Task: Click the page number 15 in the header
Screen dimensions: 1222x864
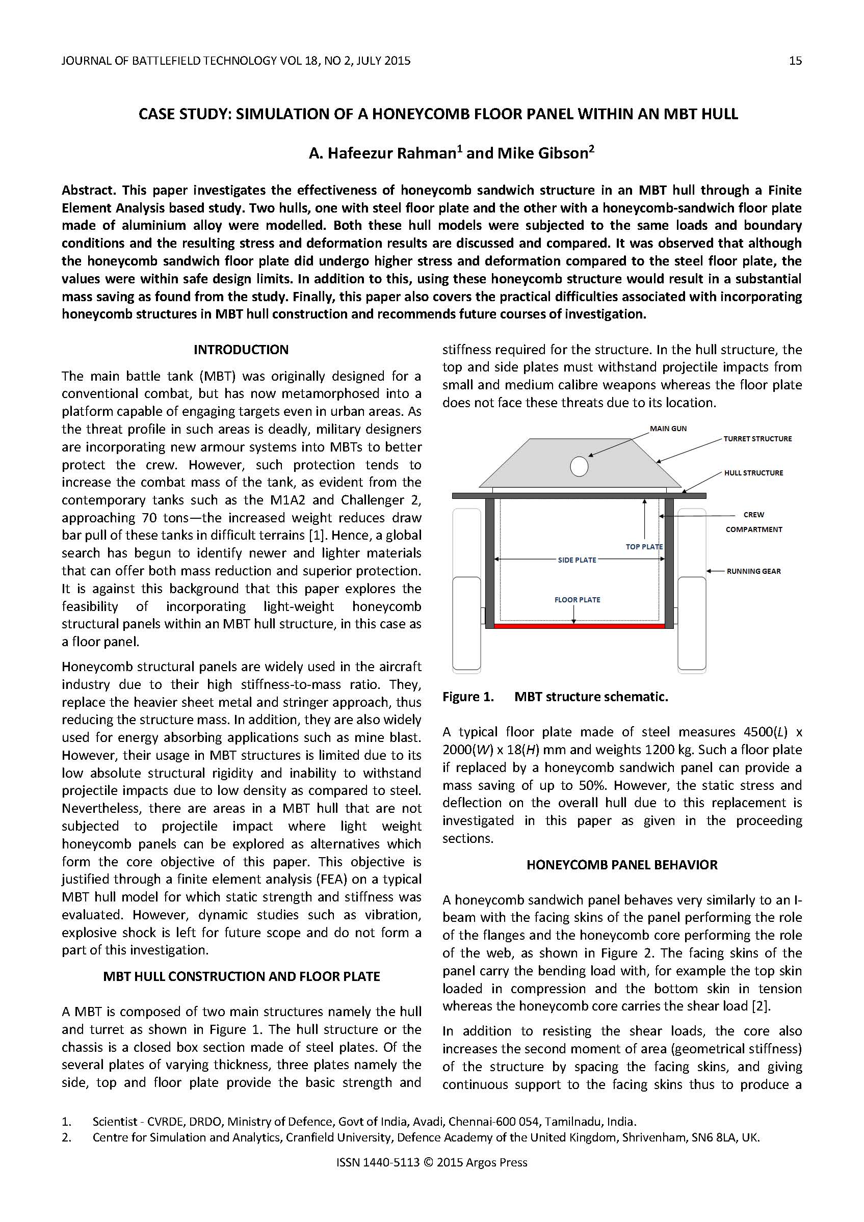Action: [x=795, y=61]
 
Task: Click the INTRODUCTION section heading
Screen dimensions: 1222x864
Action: [x=241, y=350]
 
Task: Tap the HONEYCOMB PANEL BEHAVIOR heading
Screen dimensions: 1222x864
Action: [x=622, y=865]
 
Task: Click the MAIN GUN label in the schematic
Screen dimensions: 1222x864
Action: [x=668, y=429]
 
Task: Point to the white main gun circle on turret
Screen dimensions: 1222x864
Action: [x=579, y=467]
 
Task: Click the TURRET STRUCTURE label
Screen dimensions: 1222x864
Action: [x=757, y=439]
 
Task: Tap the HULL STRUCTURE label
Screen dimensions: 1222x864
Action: [x=753, y=472]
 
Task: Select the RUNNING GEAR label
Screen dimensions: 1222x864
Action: [x=753, y=571]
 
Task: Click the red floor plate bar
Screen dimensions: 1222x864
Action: [x=579, y=626]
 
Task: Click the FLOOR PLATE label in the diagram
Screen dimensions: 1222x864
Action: [x=577, y=600]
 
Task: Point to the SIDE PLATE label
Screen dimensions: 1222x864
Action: [x=577, y=560]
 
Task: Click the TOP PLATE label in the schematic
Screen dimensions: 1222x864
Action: [x=644, y=547]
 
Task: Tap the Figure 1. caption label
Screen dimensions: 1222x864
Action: [x=467, y=697]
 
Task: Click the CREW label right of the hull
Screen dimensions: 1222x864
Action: [x=753, y=515]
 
